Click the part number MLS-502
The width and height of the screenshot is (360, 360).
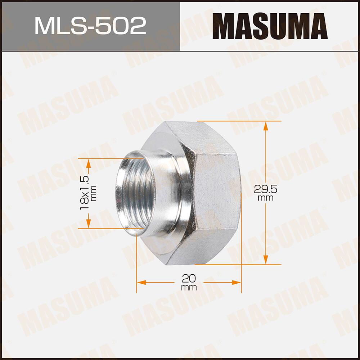(x=90, y=26)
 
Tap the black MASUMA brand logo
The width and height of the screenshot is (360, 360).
(x=270, y=26)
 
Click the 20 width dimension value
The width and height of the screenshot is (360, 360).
(x=189, y=278)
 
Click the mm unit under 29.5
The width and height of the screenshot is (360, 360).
(x=266, y=198)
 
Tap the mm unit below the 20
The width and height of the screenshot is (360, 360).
(x=189, y=287)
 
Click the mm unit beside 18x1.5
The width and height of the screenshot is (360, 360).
(x=94, y=193)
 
